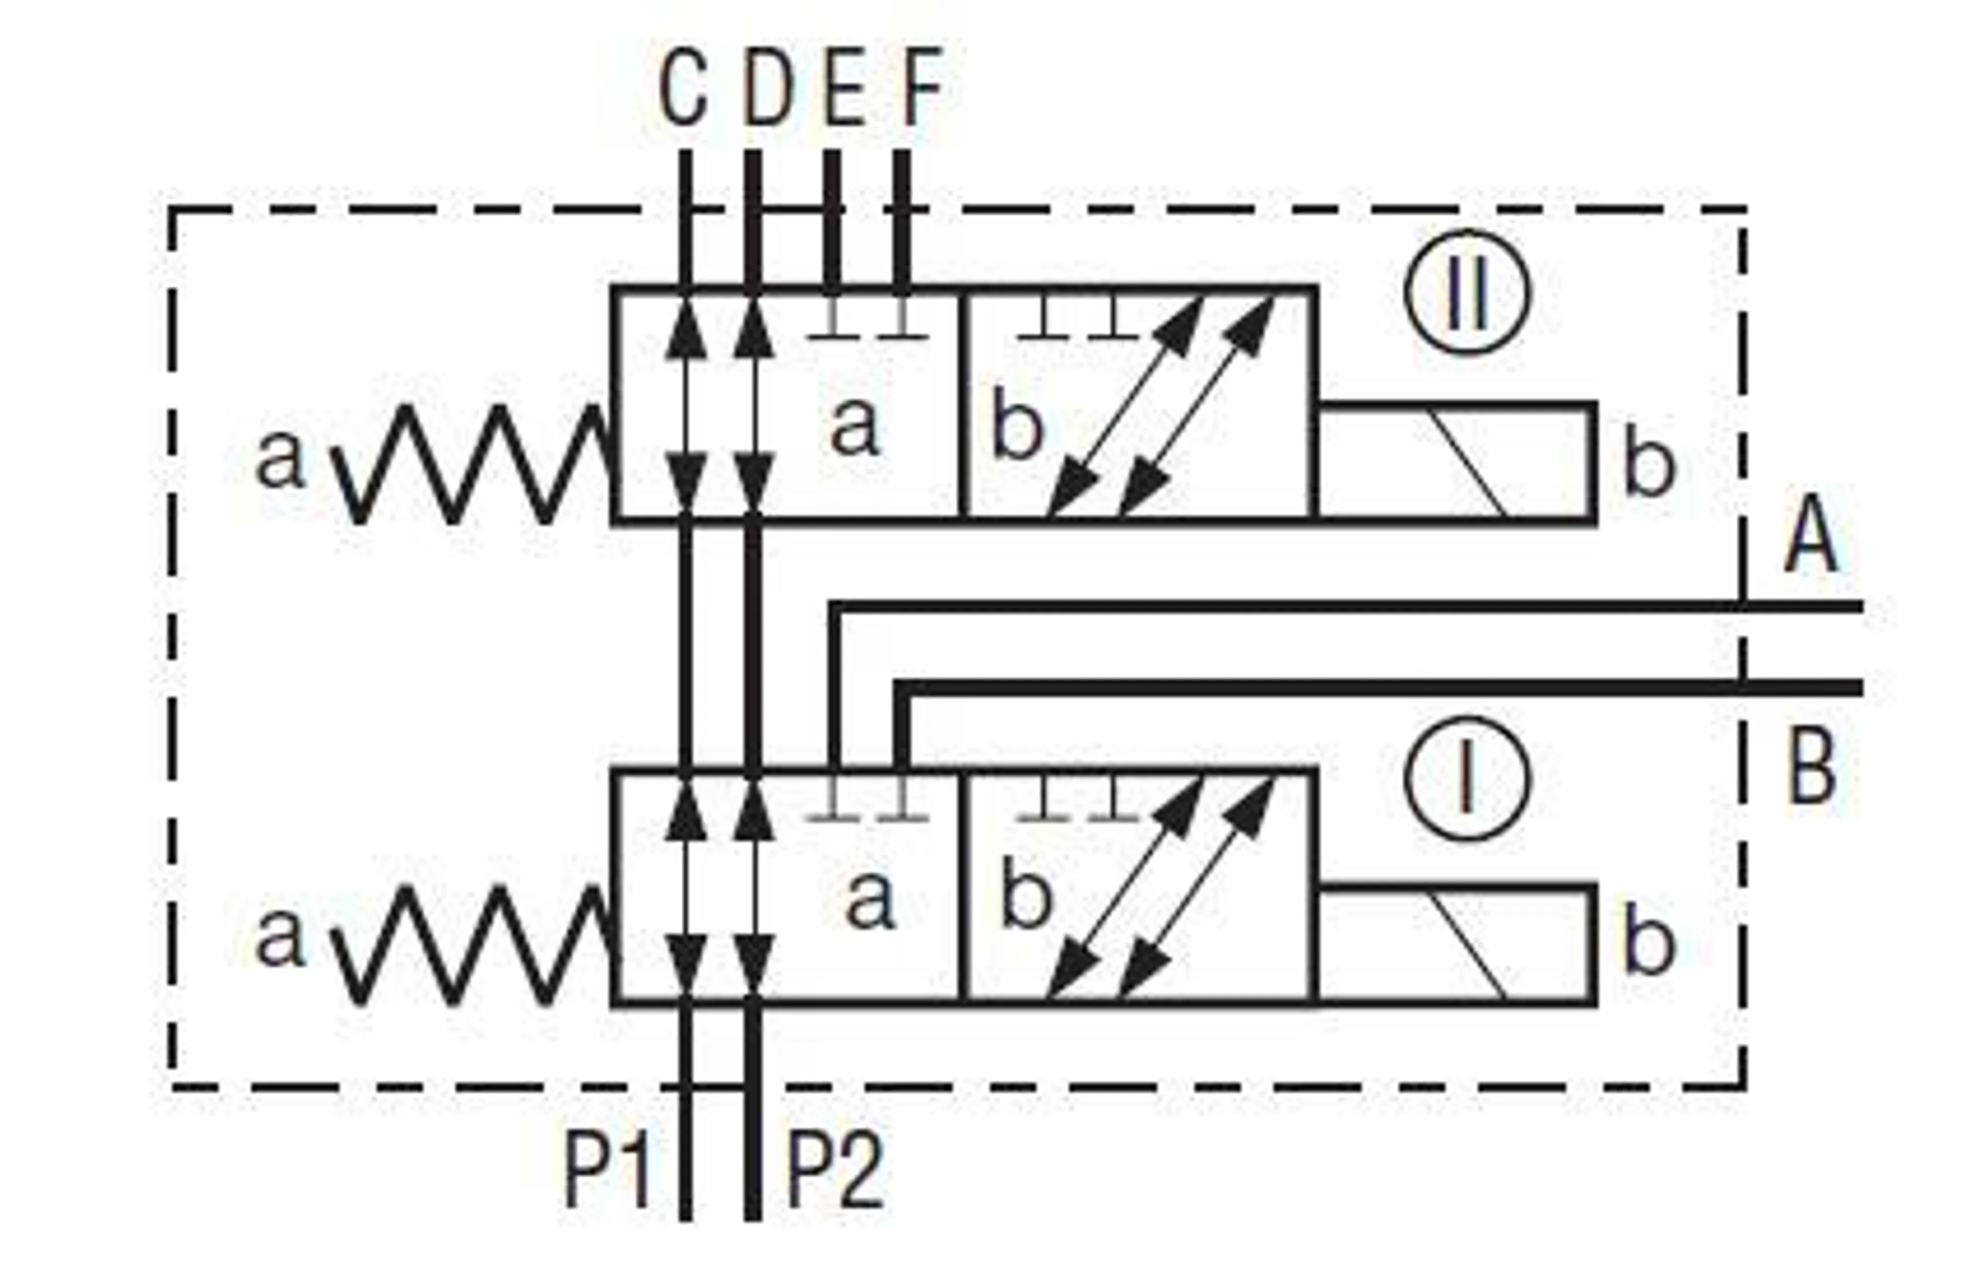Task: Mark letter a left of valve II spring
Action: coord(280,459)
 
